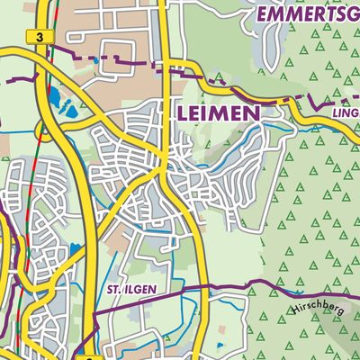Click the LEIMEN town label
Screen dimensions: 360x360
[220, 113]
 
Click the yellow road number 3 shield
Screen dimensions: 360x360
[36, 37]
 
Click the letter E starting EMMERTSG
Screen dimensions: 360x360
[262, 14]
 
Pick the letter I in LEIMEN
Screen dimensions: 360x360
[208, 113]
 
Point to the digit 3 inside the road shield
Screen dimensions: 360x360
[36, 37]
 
